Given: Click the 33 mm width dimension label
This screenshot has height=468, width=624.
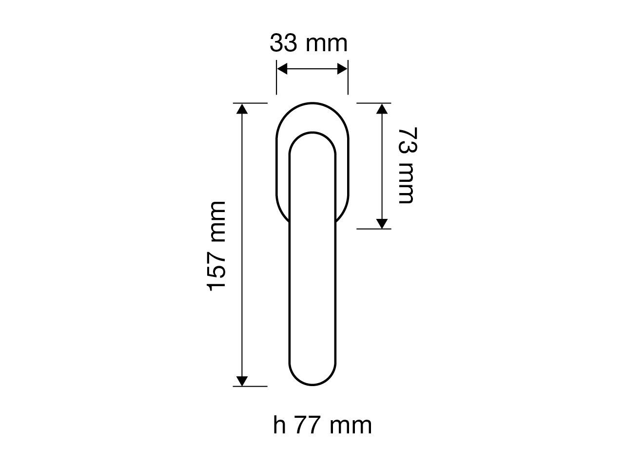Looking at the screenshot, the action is pyautogui.click(x=309, y=43).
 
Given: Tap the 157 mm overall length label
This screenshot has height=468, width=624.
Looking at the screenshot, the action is pyautogui.click(x=216, y=246).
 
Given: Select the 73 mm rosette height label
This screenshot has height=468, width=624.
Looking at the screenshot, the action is pyautogui.click(x=407, y=165).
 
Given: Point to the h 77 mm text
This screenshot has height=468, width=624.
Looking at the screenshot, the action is pyautogui.click(x=322, y=425).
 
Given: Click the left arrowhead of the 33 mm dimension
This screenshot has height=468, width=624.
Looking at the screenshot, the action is pyautogui.click(x=282, y=69).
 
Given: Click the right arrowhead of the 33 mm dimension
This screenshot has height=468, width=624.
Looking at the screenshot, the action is pyautogui.click(x=342, y=69).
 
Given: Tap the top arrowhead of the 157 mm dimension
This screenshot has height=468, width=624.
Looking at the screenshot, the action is pyautogui.click(x=242, y=109).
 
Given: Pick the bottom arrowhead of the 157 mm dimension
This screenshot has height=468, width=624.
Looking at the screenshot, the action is pyautogui.click(x=242, y=381).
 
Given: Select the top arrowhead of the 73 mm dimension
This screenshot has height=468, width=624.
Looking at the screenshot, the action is pyautogui.click(x=382, y=109).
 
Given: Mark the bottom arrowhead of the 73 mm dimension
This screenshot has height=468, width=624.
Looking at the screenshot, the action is pyautogui.click(x=382, y=224).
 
